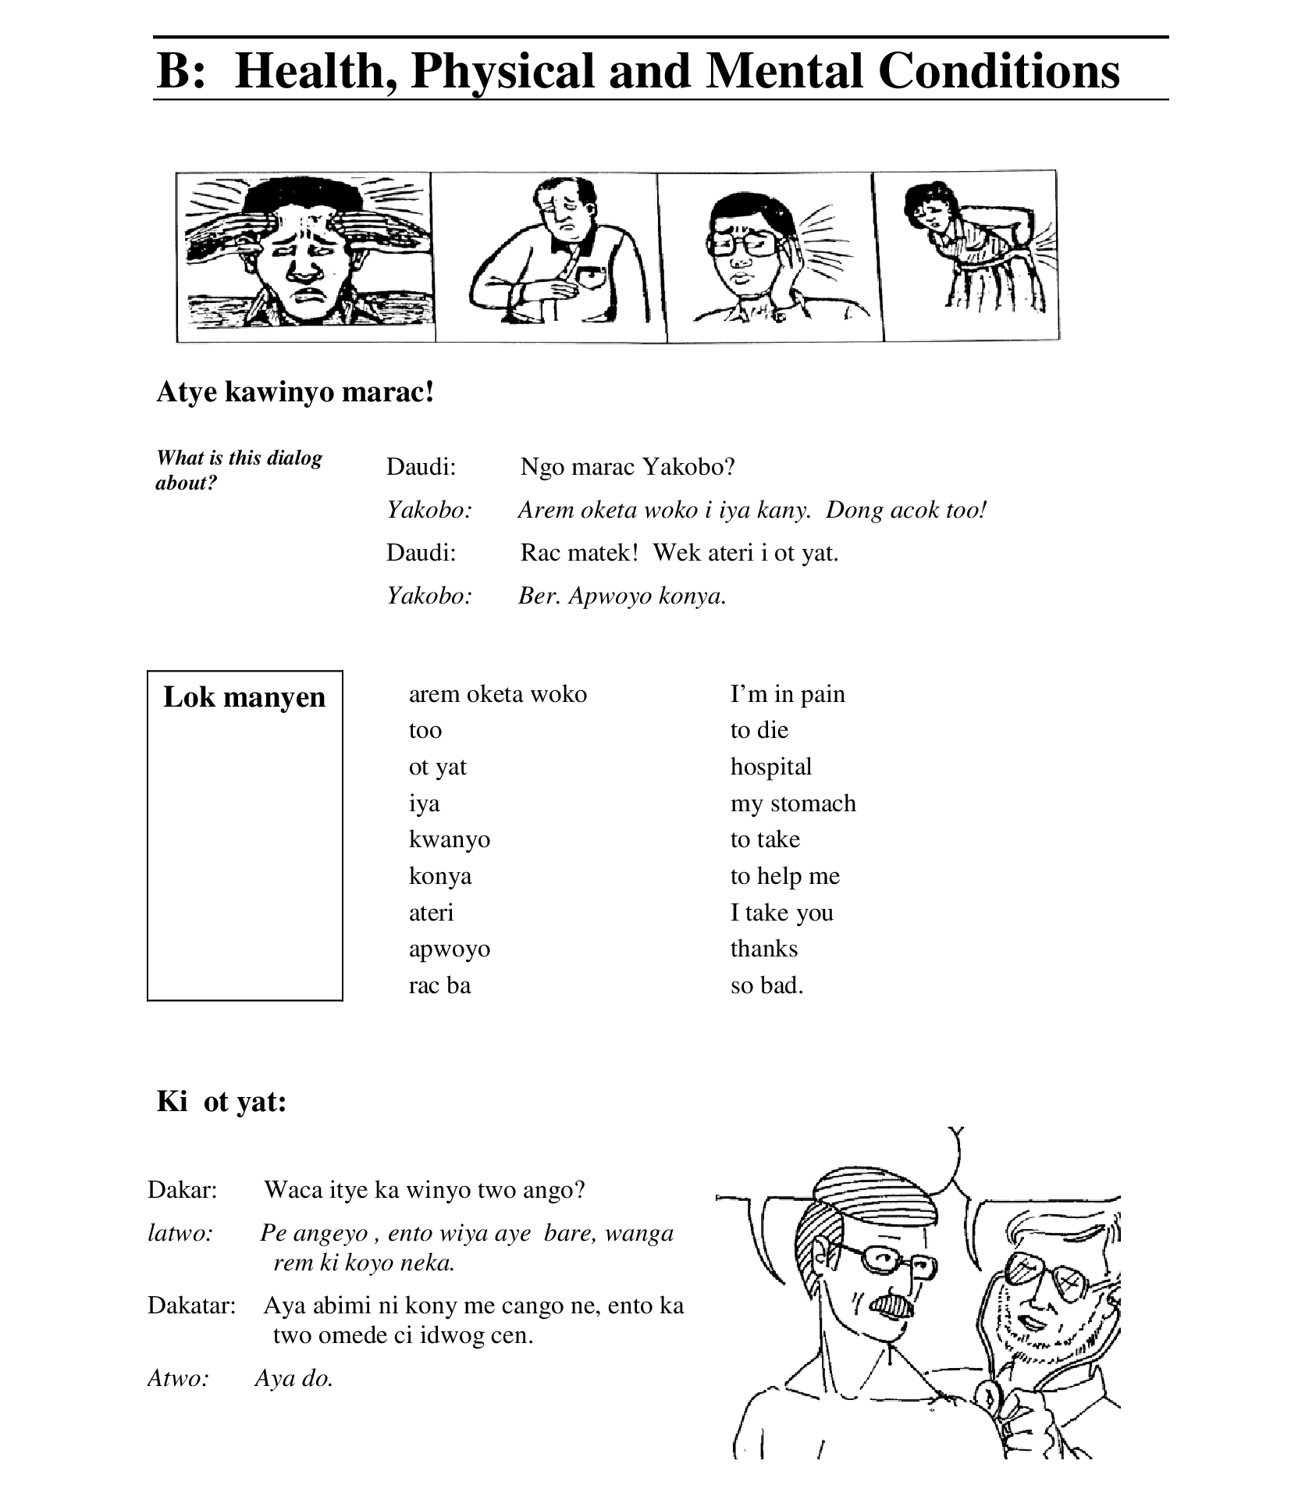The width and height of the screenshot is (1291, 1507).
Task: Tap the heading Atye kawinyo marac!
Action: point(295,391)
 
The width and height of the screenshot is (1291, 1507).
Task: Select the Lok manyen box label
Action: point(244,696)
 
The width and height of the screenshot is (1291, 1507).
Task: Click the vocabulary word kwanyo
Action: point(450,839)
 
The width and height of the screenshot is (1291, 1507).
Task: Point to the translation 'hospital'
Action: point(771,767)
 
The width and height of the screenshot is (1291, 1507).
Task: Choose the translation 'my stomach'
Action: point(793,803)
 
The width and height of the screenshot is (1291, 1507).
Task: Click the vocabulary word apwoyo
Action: point(450,949)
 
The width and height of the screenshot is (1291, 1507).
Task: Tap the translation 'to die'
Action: point(759,730)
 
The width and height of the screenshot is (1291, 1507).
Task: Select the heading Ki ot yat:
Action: point(222,1101)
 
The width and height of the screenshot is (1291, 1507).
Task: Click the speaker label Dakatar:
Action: point(191,1305)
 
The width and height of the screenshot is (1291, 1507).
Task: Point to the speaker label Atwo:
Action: point(179,1378)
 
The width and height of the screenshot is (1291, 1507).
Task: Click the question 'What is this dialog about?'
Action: point(239,470)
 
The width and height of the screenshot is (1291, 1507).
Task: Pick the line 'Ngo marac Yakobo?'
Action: point(628,467)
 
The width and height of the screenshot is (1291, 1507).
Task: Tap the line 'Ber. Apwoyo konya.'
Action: point(622,596)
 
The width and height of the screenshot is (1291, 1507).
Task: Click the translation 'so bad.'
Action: point(766,985)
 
